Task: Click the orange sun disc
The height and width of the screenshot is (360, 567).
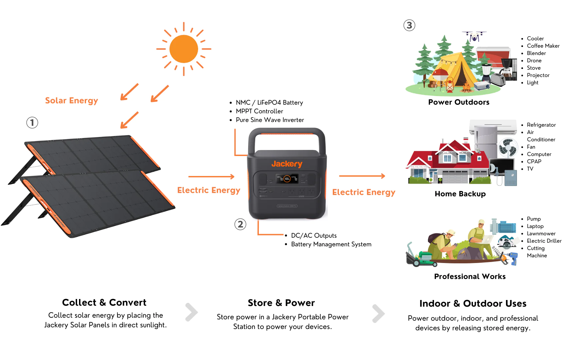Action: pyautogui.click(x=184, y=49)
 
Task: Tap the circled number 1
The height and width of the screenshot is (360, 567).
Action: pyautogui.click(x=32, y=123)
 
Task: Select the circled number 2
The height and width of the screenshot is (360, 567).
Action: pyautogui.click(x=240, y=224)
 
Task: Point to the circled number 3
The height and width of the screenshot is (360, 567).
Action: pyautogui.click(x=409, y=25)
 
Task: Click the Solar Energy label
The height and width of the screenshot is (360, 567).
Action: pyautogui.click(x=71, y=100)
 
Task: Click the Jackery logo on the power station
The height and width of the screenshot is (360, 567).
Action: pyautogui.click(x=287, y=164)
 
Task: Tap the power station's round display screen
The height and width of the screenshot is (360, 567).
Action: pyautogui.click(x=287, y=179)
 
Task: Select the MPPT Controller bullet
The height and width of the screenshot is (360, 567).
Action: pyautogui.click(x=259, y=111)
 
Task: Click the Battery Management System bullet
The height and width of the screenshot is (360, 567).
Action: pyautogui.click(x=331, y=244)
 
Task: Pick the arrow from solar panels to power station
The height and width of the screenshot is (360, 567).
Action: pyautogui.click(x=211, y=177)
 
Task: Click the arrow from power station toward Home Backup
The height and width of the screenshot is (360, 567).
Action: pyautogui.click(x=362, y=176)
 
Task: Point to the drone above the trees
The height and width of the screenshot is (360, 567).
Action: pyautogui.click(x=474, y=36)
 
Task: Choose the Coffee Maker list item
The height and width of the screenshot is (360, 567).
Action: pyautogui.click(x=543, y=46)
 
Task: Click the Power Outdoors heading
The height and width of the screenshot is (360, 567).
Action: pyautogui.click(x=459, y=102)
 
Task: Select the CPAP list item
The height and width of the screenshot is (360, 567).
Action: pyautogui.click(x=534, y=162)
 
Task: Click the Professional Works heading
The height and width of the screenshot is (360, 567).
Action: pyautogui.click(x=470, y=277)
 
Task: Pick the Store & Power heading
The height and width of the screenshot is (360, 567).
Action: pyautogui.click(x=281, y=303)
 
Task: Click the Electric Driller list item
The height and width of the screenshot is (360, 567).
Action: pyautogui.click(x=544, y=241)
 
